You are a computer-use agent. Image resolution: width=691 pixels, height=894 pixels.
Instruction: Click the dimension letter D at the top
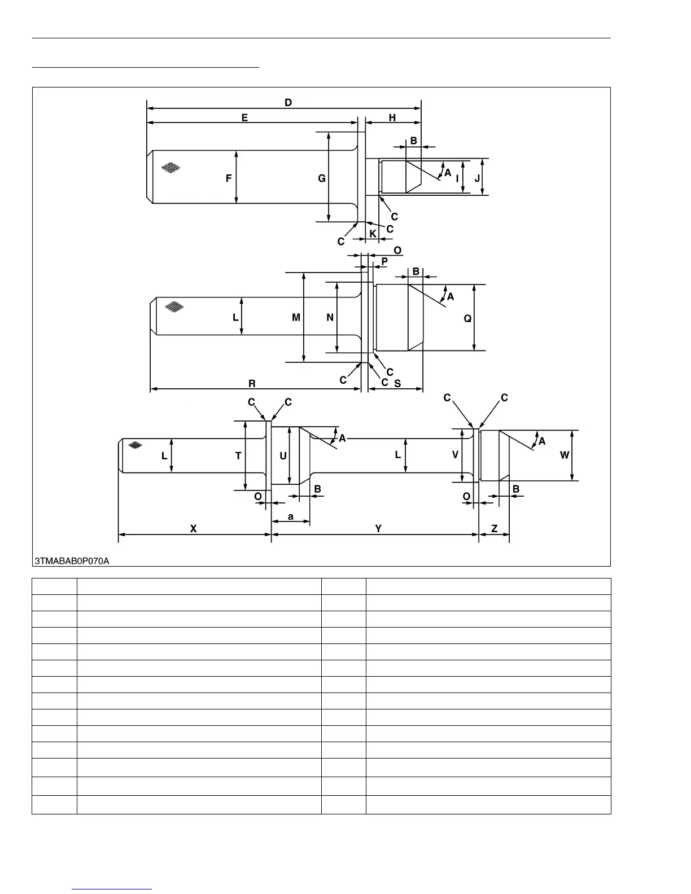(x=288, y=103)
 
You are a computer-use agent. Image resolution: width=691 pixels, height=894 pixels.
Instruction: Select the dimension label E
(x=244, y=118)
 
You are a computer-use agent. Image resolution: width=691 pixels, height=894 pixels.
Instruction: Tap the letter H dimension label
(x=392, y=118)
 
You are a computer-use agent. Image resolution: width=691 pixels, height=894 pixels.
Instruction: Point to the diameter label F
(x=229, y=178)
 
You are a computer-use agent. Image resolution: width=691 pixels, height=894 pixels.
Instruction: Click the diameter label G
(x=321, y=178)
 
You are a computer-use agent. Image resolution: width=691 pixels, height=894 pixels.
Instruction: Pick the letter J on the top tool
(x=477, y=178)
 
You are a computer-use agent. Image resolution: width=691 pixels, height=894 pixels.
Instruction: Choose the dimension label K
(x=373, y=233)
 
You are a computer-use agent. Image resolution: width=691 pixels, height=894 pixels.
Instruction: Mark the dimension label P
(x=384, y=261)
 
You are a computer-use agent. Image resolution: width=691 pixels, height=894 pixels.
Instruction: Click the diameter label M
(x=296, y=318)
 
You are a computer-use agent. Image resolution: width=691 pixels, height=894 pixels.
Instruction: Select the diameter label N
(x=330, y=318)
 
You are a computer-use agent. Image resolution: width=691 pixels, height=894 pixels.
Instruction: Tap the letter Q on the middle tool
(x=467, y=319)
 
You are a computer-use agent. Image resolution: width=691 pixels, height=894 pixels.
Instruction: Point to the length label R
(x=252, y=384)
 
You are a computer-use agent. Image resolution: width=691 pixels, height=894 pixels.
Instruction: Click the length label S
(x=397, y=383)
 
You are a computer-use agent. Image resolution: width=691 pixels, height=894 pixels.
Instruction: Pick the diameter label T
(x=238, y=456)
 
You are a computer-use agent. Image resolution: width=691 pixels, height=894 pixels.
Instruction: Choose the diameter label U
(x=283, y=456)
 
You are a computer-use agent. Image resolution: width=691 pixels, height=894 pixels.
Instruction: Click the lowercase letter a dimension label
(x=291, y=516)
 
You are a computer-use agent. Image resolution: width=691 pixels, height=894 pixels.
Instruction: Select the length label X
(x=193, y=529)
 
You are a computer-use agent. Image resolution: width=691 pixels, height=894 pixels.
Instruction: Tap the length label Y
(x=378, y=529)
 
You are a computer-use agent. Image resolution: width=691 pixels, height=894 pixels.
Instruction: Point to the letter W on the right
(x=565, y=455)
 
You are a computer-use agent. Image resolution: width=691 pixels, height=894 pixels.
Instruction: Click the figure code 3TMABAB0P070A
(x=72, y=561)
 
